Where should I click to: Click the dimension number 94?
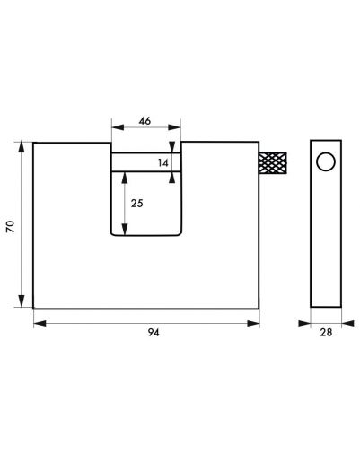(x=154, y=332)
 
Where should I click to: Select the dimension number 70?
(x=11, y=226)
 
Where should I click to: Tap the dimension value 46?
(x=145, y=121)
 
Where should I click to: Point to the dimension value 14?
(x=163, y=163)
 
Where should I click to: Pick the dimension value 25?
(x=137, y=204)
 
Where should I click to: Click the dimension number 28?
(x=326, y=332)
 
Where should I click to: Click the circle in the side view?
(x=326, y=161)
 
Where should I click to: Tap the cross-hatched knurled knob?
(x=273, y=163)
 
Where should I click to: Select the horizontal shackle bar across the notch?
(x=146, y=162)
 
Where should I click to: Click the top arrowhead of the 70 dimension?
(x=22, y=148)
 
